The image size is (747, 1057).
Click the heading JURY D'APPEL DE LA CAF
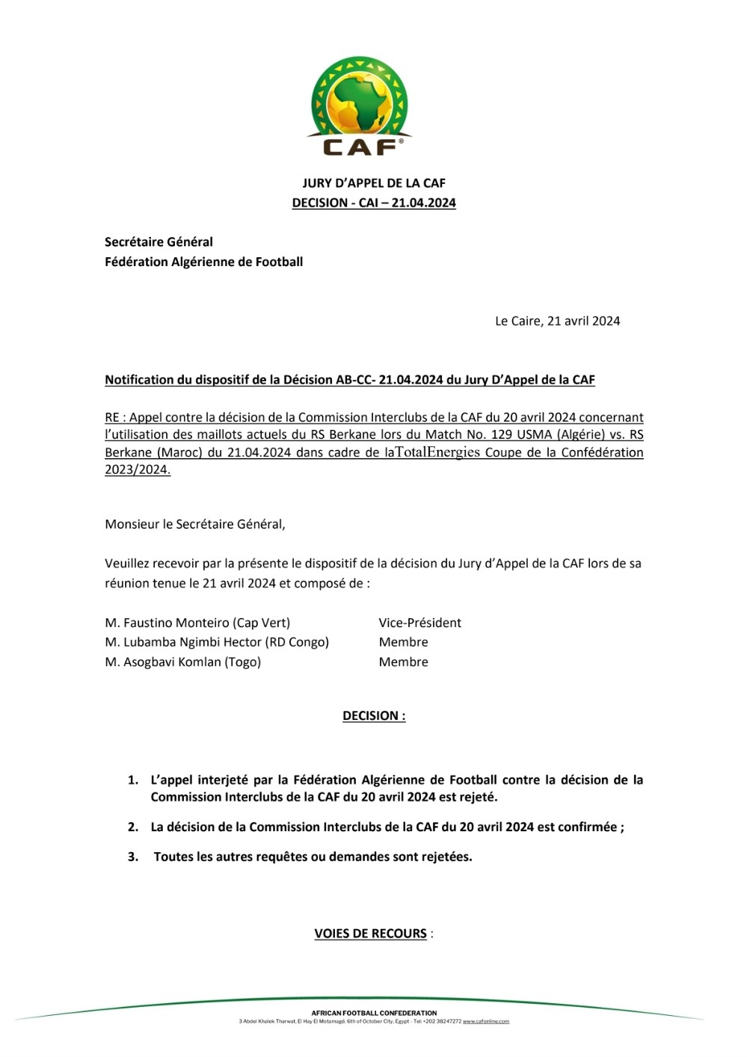tap(374, 183)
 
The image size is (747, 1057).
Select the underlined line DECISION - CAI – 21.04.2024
tap(374, 203)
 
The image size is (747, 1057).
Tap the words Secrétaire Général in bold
tap(159, 242)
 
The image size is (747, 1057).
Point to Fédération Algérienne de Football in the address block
tap(203, 262)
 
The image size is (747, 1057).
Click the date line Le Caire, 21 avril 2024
tap(557, 321)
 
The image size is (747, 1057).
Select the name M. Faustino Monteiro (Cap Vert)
tap(197, 623)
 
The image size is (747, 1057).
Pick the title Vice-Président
tap(419, 623)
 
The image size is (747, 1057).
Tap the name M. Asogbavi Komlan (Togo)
tap(183, 662)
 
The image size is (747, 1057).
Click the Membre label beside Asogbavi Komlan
tap(404, 662)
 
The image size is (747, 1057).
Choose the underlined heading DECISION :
tap(374, 716)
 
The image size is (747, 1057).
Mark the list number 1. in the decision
tap(133, 780)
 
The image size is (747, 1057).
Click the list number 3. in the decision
tap(133, 857)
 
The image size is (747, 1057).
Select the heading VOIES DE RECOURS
tap(371, 934)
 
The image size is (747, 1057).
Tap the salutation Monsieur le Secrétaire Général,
tap(195, 525)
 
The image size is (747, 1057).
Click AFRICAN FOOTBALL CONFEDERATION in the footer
tap(374, 1013)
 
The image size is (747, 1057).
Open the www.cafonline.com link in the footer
tap(486, 1021)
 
